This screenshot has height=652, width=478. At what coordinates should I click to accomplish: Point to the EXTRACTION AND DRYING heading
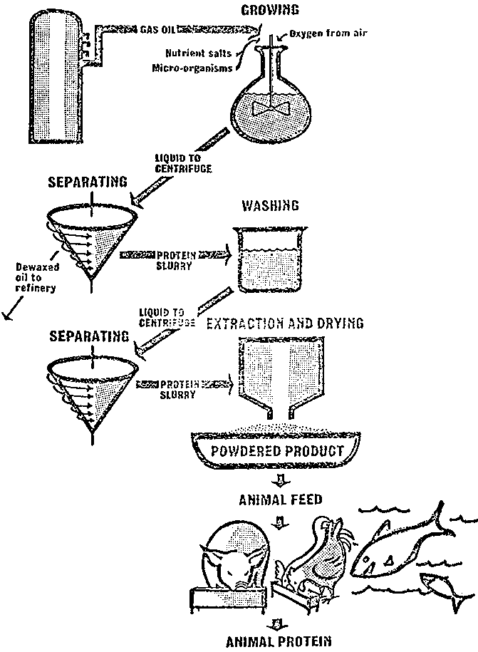284,324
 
